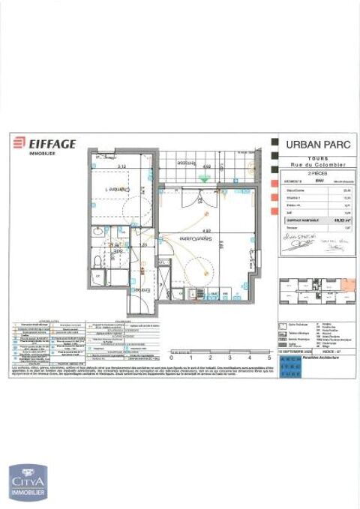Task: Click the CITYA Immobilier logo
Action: (x=27, y=481)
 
